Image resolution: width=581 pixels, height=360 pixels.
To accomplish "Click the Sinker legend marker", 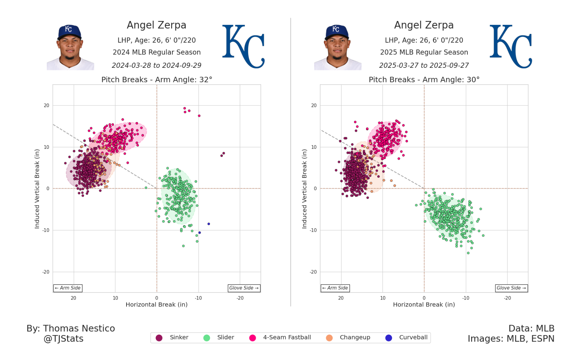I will (159, 338).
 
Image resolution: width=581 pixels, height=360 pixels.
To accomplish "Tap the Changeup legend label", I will (355, 337).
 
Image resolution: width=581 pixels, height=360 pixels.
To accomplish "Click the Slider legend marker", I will (207, 338).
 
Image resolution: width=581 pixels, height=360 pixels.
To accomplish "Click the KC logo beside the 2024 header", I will (243, 46).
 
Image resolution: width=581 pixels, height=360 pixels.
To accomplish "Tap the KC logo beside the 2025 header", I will (511, 46).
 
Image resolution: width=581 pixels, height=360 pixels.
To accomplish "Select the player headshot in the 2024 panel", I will (70, 47).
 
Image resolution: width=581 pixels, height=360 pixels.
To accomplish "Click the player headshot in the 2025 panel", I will (338, 47).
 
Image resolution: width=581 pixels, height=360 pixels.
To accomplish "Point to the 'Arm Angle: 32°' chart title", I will (157, 80).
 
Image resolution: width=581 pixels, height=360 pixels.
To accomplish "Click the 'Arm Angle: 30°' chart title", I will (424, 80).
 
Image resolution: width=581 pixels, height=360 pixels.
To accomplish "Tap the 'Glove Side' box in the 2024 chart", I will (244, 288).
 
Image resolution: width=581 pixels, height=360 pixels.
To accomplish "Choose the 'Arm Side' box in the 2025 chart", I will (335, 288).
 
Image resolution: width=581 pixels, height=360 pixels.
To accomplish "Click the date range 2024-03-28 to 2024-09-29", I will (157, 66).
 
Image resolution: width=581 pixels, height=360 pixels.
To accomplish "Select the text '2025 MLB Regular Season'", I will (424, 52).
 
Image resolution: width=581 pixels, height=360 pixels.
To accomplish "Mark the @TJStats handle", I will (64, 339).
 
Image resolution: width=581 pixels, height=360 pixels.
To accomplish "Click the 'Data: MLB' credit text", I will (531, 329).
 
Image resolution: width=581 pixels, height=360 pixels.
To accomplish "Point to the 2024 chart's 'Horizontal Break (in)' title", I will (157, 305).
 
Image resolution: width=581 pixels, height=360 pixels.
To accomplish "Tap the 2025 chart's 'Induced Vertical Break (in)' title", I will (304, 189).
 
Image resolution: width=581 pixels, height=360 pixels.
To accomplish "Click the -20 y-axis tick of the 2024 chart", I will (46, 272).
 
